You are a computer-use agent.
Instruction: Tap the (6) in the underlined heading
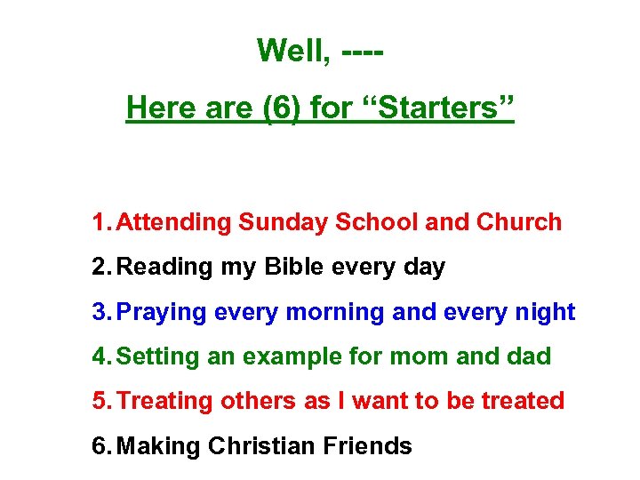[x=282, y=108]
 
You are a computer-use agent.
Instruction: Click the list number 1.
[x=100, y=222]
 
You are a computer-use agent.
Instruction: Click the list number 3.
[x=100, y=312]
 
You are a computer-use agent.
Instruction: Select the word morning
[x=343, y=313]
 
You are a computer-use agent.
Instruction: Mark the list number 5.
[x=100, y=401]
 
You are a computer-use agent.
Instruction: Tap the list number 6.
[x=100, y=445]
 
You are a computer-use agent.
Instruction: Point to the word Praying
[x=163, y=313]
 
